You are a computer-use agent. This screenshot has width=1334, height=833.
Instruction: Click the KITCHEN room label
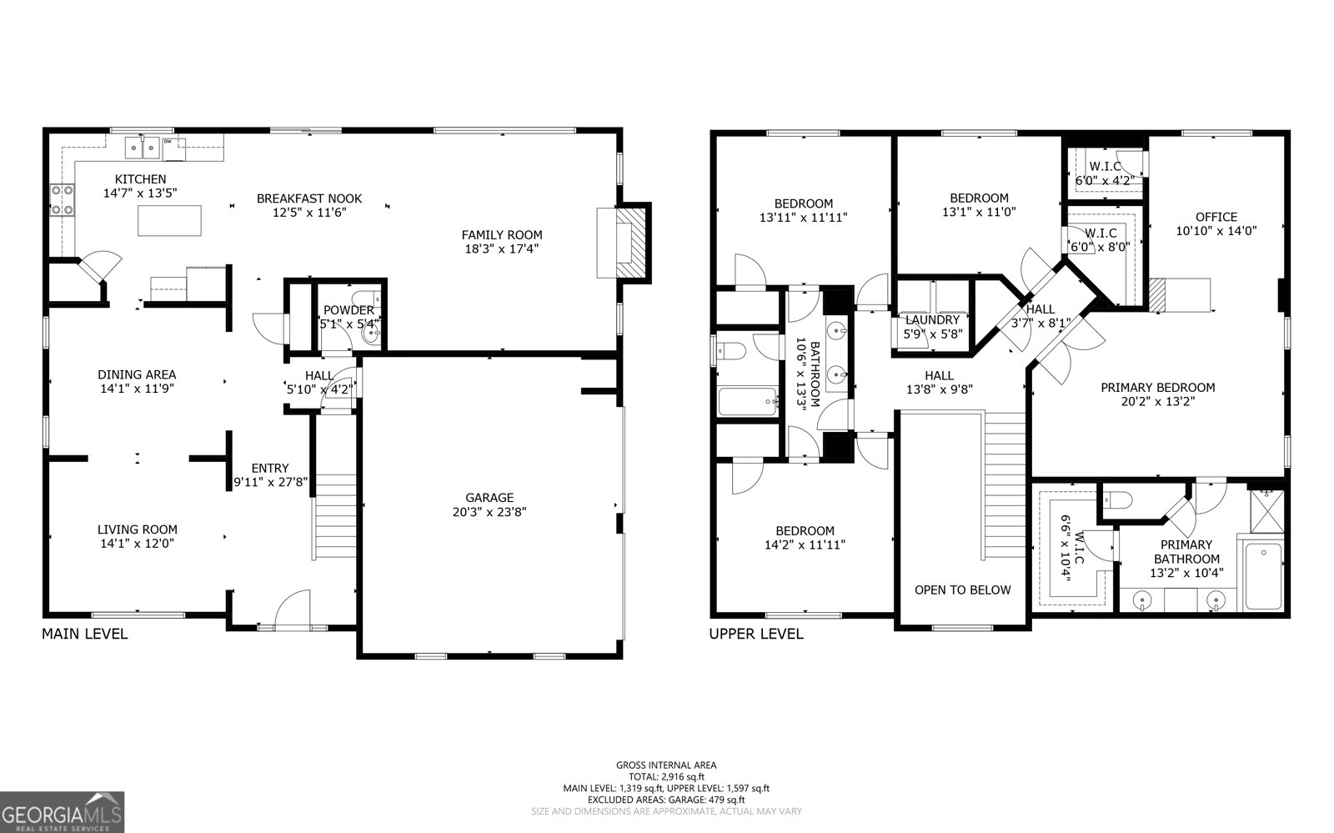[x=140, y=178]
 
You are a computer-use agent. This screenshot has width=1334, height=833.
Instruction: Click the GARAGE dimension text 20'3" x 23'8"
[x=489, y=511]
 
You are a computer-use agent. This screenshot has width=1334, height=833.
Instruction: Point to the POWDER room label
[x=349, y=310]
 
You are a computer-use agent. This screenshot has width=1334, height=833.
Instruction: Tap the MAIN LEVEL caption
[x=85, y=634]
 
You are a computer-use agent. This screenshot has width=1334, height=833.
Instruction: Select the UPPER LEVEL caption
[x=756, y=634]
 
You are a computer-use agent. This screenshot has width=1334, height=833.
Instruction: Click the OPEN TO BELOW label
[x=962, y=590]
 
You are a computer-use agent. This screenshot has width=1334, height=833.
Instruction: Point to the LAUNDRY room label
[x=932, y=319]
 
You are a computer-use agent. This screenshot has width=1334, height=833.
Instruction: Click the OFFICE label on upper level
[x=1216, y=217]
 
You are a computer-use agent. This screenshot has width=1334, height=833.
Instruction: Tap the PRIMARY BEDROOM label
[x=1157, y=387]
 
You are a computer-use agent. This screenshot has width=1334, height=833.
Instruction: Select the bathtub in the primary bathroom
[x=1264, y=576]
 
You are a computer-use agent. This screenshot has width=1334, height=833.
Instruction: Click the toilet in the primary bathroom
[x=1116, y=500]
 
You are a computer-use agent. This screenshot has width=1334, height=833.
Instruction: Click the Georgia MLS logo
[x=63, y=811]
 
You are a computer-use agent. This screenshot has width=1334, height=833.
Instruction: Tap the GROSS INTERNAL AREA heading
[x=666, y=765]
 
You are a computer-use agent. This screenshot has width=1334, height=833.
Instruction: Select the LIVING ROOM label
[x=137, y=529]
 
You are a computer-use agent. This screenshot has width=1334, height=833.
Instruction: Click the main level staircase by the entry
[x=337, y=517]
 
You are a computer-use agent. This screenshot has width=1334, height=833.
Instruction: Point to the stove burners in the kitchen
[x=62, y=199]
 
